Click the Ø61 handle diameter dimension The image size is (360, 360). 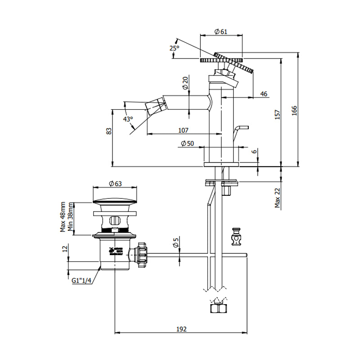(220, 31)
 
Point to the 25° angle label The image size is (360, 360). (175, 48)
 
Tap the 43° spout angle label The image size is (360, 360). (128, 119)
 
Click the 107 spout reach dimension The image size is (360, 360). (183, 130)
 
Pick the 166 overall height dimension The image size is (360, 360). (294, 110)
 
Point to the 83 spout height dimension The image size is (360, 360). (108, 131)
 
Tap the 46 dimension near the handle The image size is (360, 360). (264, 94)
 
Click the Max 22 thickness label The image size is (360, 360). (277, 198)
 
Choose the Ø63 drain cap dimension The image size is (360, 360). (116, 183)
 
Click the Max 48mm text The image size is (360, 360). (63, 217)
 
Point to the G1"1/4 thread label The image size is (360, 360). (82, 280)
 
